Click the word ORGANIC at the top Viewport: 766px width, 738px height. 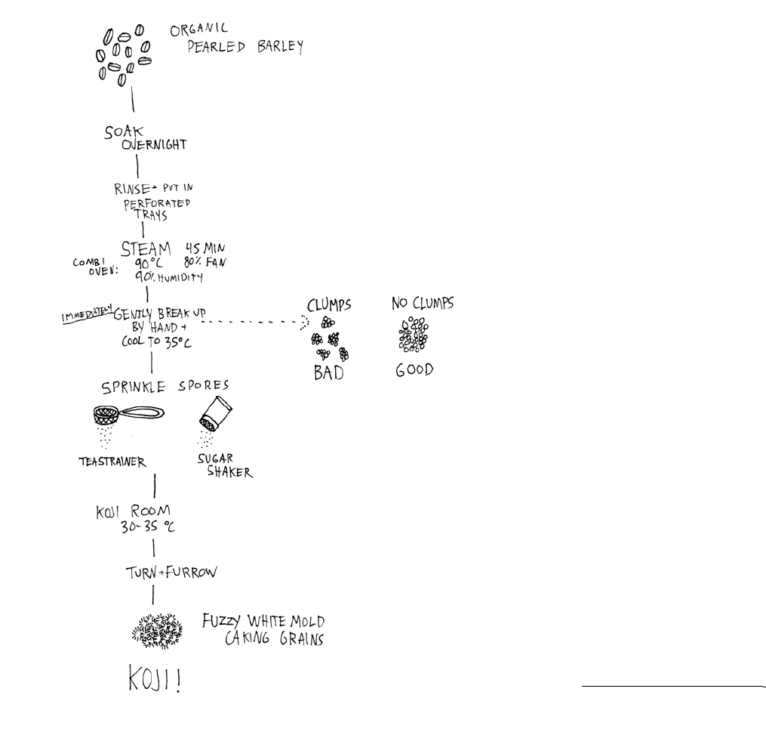pos(199,32)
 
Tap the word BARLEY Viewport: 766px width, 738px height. pos(278,47)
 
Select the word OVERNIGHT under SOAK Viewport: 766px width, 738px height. pos(153,145)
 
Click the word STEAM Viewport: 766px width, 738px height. pos(146,249)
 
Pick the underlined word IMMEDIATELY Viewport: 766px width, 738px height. pos(86,313)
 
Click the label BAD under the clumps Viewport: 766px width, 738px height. pos(328,372)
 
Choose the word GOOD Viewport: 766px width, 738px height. pos(414,372)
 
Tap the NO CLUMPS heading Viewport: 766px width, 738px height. pos(422,304)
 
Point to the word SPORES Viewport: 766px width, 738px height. pos(204,385)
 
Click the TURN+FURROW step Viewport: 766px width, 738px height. pos(171,572)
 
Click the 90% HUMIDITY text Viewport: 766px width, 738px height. pos(170,277)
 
